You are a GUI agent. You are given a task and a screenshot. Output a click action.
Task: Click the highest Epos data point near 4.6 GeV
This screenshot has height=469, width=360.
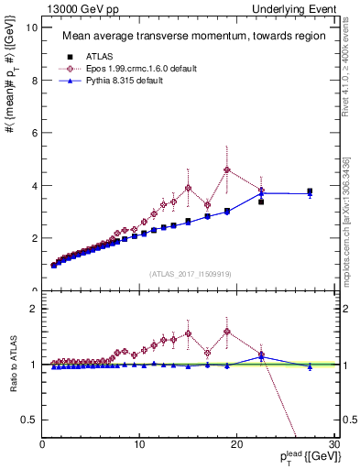[227, 169]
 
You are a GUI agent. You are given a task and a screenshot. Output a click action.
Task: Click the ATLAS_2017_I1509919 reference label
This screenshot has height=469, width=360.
[190, 274]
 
